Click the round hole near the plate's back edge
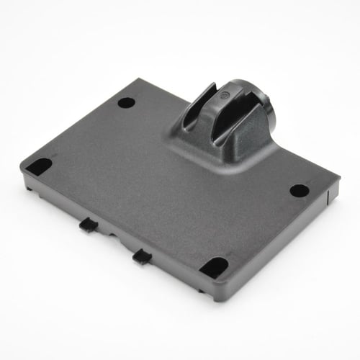coord(126,102)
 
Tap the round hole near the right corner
coord(299,191)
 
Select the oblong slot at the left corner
coord(40,166)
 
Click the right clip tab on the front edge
coord(142,255)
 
